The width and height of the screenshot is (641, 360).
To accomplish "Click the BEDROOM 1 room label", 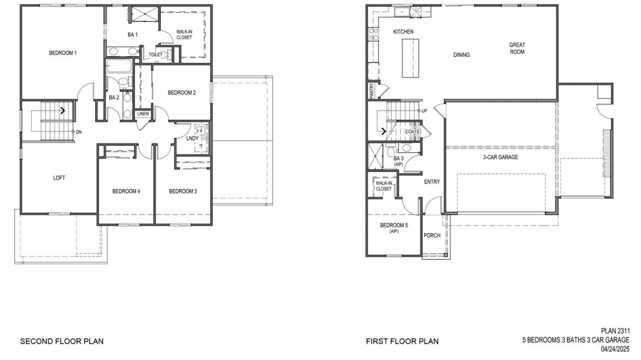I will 63,53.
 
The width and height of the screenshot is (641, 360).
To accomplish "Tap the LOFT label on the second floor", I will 59,178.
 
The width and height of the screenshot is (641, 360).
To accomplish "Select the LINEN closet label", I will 143,114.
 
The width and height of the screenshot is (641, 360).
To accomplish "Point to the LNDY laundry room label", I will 192,139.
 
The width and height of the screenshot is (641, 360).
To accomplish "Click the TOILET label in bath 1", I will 156,55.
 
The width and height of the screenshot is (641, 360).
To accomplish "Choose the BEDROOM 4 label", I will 126,191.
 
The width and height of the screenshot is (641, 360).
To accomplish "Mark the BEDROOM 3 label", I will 183,191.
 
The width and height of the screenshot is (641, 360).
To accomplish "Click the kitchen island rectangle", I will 410,58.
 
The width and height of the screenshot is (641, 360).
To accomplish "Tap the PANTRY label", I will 372,91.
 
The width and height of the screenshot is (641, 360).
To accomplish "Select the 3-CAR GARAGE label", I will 500,157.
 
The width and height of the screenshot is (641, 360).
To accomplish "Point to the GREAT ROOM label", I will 517,48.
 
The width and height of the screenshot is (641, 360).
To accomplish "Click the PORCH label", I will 432,236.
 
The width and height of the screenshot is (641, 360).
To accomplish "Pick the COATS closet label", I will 412,132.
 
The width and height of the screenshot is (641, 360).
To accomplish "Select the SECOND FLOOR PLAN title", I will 62,341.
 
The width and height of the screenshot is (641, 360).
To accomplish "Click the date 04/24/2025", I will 615,349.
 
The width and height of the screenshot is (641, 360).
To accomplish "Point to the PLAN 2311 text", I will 615,331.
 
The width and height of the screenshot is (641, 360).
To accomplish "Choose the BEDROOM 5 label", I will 394,225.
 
